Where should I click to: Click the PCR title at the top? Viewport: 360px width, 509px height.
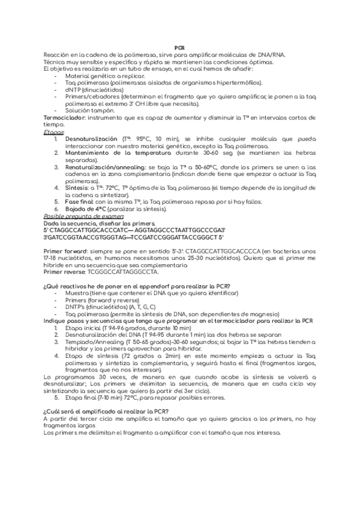click(179, 47)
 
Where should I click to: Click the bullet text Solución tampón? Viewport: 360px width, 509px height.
click(89, 110)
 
